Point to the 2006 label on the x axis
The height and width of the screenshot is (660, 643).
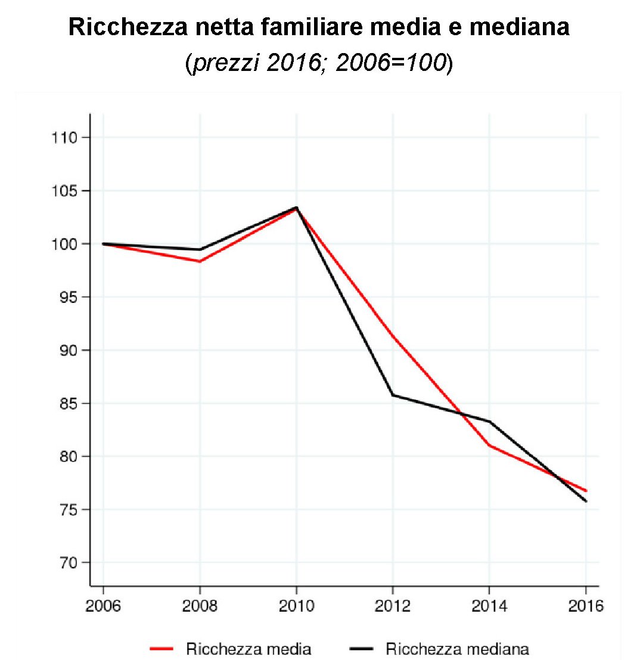(103, 607)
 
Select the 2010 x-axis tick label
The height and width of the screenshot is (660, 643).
(296, 607)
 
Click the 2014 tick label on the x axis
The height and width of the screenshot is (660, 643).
(489, 607)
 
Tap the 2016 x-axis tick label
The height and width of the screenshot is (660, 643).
(586, 607)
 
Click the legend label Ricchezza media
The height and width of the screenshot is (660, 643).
(249, 649)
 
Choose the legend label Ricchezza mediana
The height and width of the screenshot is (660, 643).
(458, 649)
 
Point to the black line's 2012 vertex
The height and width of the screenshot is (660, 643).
(393, 395)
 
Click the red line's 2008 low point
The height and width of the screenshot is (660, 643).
(200, 261)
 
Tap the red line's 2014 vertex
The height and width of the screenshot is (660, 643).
(489, 445)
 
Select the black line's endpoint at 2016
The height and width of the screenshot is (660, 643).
(586, 501)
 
